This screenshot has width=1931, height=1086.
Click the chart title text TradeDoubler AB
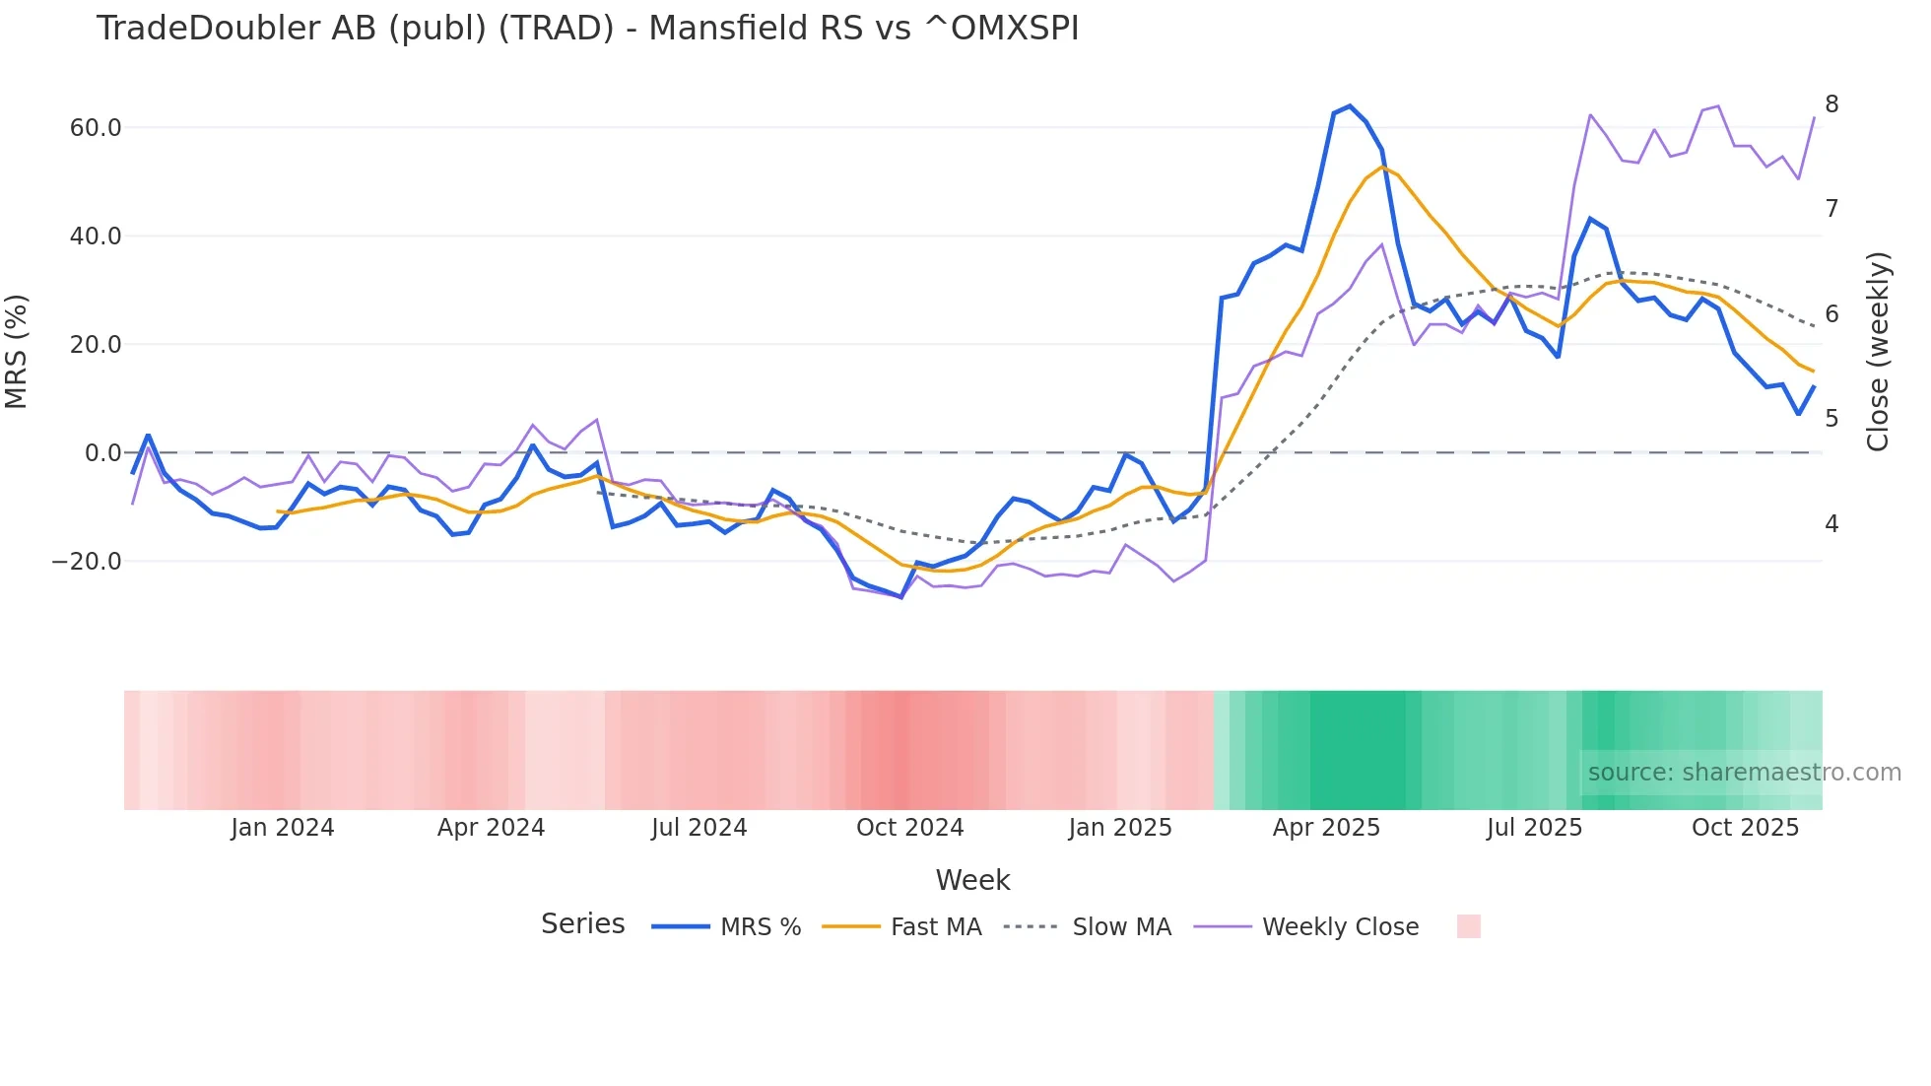(587, 29)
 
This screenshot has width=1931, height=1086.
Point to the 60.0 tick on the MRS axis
(96, 128)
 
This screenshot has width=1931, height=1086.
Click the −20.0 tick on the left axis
(87, 562)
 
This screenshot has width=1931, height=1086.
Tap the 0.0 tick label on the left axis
(102, 453)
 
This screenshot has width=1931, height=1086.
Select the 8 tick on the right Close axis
(1831, 104)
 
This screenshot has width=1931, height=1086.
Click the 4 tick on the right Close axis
(1831, 524)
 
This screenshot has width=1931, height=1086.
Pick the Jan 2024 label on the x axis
(283, 828)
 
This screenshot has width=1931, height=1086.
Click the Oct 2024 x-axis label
(909, 828)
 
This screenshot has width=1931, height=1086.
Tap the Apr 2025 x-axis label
(1326, 828)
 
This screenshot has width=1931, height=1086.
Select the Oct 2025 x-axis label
(1745, 828)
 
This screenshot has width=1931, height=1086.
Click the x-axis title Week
(972, 880)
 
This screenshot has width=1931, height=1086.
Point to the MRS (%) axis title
(17, 352)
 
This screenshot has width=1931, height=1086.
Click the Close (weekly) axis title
(1878, 352)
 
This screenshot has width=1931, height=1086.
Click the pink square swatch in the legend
(1468, 926)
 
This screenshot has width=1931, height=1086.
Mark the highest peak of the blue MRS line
(1350, 106)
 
